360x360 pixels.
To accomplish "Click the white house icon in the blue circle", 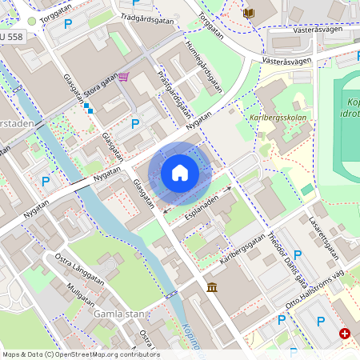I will coord(180,173).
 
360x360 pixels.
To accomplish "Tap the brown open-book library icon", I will coord(248,14).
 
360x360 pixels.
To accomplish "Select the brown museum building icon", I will coord(211,287).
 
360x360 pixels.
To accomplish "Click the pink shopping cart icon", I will coord(124,77).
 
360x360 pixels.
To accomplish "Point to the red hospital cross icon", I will coord(345,333).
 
